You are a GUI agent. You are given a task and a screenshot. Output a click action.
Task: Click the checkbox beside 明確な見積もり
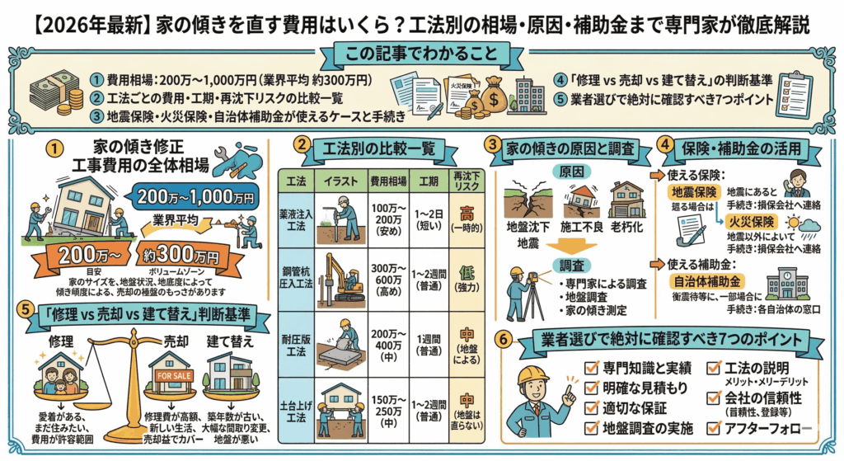tap(590, 387)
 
